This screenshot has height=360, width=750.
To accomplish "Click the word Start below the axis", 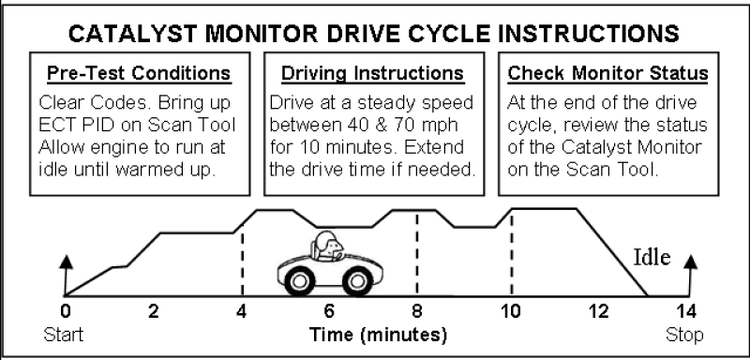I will coord(65,335).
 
